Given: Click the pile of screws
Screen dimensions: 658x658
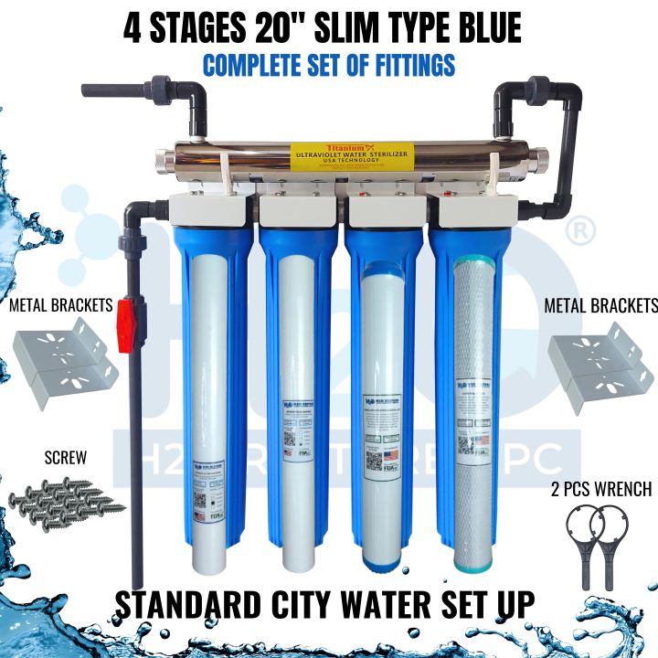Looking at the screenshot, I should pos(66,503).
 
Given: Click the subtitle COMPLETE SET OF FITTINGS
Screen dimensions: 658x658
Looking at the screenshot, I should pos(329,67).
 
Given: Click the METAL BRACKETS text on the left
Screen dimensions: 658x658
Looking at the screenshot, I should pos(61,304).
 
